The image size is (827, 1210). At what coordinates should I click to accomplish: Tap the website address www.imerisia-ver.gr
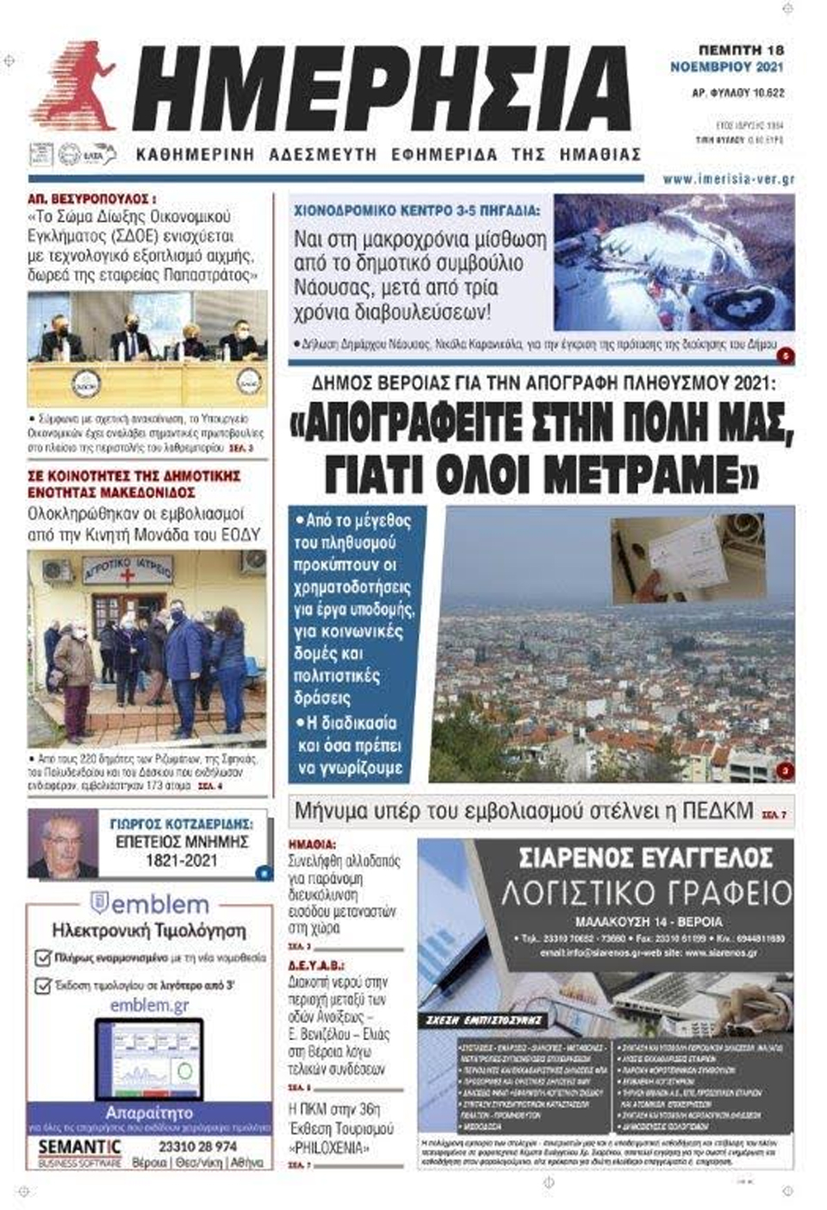[728, 179]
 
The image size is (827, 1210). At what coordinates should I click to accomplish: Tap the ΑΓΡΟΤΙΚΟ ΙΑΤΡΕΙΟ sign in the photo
[128, 570]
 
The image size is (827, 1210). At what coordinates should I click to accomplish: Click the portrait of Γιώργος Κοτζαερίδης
[63, 844]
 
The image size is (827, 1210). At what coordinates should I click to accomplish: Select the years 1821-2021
[180, 861]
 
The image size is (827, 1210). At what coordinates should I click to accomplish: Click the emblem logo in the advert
[149, 904]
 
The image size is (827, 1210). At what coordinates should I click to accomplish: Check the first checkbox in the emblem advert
[42, 957]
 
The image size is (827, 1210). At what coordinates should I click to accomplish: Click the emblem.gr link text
[149, 1006]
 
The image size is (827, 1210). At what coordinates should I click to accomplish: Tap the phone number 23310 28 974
[197, 1146]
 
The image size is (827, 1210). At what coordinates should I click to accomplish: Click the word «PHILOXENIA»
[327, 1147]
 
